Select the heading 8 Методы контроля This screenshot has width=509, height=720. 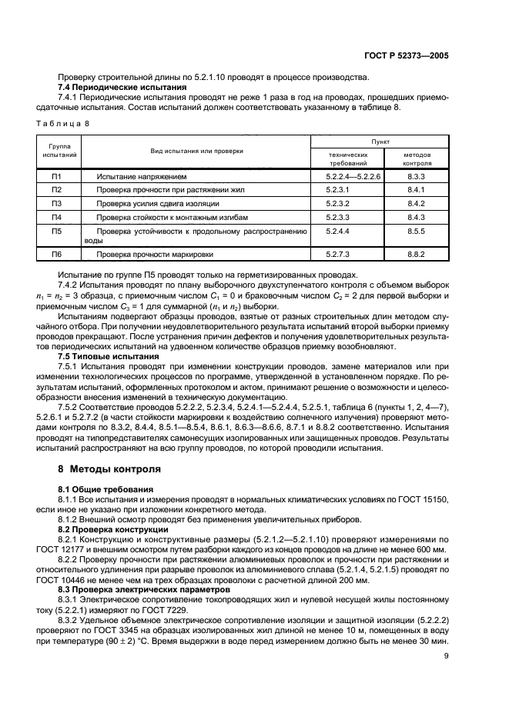tap(109, 468)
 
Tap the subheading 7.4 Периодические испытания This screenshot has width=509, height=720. tap(122, 87)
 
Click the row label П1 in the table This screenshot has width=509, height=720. tap(56, 177)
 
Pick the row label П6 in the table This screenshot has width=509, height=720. tap(56, 254)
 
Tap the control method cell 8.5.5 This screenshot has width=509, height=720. tap(417, 230)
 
